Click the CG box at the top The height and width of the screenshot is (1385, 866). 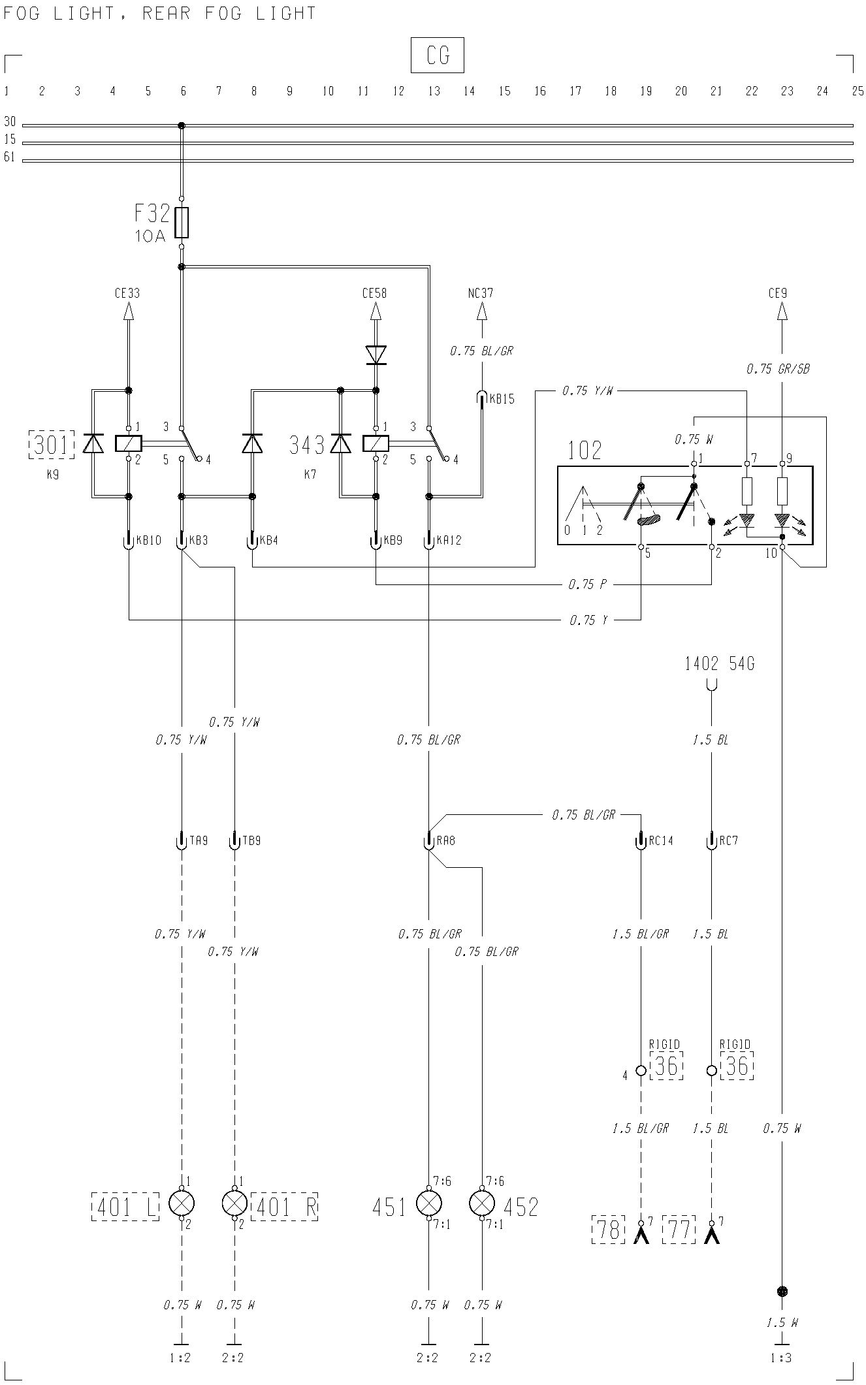(437, 55)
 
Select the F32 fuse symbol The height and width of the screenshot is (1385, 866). (182, 223)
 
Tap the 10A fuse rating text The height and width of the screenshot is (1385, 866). (150, 236)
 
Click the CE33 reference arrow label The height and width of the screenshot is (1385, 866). (127, 293)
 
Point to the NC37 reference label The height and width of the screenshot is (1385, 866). (481, 293)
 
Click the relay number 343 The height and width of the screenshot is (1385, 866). (307, 445)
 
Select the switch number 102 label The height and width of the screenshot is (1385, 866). (585, 450)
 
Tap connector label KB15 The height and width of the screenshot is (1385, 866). (502, 400)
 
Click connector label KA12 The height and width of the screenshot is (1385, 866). (449, 541)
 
